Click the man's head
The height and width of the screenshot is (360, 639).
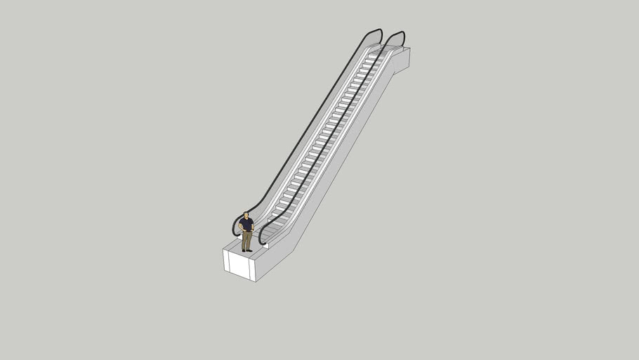(246, 214)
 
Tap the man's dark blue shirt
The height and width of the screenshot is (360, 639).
(246, 224)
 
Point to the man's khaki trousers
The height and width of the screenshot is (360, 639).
(246, 239)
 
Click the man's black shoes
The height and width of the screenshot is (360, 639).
(246, 250)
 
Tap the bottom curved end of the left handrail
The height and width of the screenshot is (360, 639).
(235, 228)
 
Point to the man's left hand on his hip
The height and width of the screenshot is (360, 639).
(251, 229)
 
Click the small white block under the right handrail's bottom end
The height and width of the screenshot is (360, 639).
(265, 246)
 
